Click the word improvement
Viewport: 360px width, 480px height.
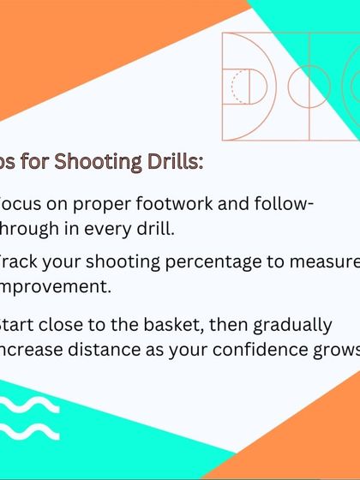pos(55,286)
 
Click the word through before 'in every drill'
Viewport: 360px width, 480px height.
pos(34,229)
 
